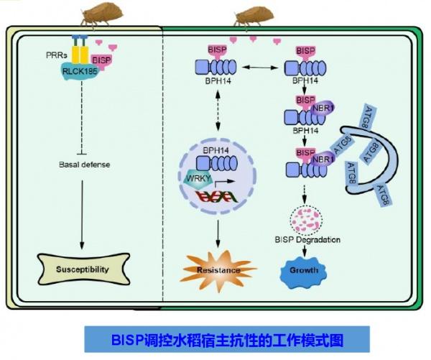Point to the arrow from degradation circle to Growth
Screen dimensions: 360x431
[305, 251]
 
